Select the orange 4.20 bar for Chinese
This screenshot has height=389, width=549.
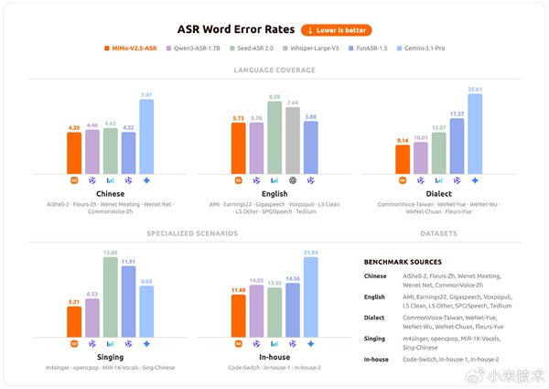tap(74, 153)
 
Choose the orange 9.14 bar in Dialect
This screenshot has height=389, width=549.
tap(403, 158)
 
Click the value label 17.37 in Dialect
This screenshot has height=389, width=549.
tap(457, 113)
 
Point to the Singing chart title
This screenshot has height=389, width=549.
tap(110, 358)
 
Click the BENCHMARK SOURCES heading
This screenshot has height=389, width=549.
tap(403, 262)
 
